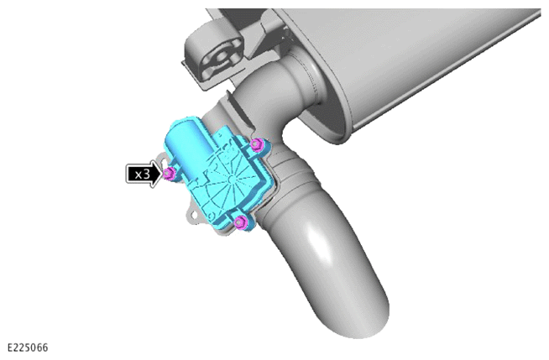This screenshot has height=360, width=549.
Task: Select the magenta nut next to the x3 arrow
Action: (x=170, y=173)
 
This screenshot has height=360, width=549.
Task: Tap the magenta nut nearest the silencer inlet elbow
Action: (x=258, y=143)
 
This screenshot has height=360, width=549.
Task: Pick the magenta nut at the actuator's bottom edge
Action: (x=241, y=222)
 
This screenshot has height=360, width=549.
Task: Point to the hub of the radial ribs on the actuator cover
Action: (x=230, y=179)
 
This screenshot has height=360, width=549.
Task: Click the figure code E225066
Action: (x=28, y=347)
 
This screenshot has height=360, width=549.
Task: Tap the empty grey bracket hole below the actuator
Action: (x=193, y=215)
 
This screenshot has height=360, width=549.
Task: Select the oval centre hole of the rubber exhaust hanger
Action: (x=221, y=57)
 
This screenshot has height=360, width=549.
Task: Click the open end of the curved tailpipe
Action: (x=361, y=322)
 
